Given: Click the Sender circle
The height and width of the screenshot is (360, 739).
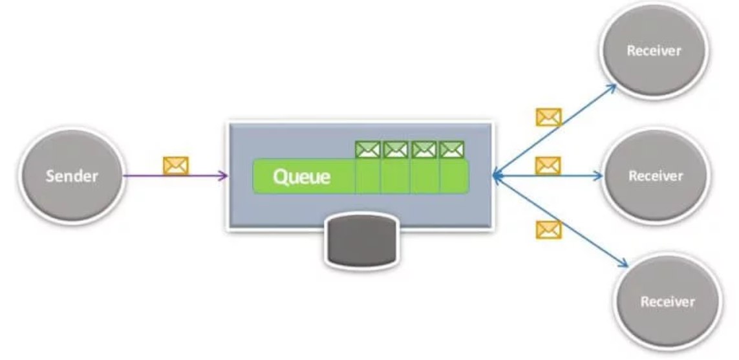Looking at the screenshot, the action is pyautogui.click(x=72, y=175).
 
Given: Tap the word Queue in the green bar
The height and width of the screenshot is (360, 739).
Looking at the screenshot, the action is pyautogui.click(x=302, y=176).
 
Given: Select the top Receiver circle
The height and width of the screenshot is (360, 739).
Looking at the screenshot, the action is pyautogui.click(x=654, y=50).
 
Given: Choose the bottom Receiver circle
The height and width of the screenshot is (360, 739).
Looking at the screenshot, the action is pyautogui.click(x=667, y=302).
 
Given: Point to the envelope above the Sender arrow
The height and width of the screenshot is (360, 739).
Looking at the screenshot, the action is pyautogui.click(x=176, y=166).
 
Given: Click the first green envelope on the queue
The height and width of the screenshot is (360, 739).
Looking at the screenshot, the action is pyautogui.click(x=368, y=150).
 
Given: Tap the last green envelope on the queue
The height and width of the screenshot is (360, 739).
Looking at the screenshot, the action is pyautogui.click(x=452, y=150).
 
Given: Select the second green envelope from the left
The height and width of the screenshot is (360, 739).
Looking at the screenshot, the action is pyautogui.click(x=396, y=150).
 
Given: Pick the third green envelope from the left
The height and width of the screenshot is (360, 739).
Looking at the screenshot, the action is pyautogui.click(x=424, y=150).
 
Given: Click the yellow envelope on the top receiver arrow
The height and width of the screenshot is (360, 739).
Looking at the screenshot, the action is pyautogui.click(x=549, y=118).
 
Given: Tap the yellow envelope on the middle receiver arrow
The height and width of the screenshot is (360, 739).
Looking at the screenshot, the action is pyautogui.click(x=548, y=165).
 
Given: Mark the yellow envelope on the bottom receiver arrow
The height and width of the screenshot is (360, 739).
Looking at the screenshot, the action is pyautogui.click(x=549, y=229).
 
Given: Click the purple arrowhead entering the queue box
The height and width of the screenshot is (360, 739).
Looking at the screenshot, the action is pyautogui.click(x=224, y=176).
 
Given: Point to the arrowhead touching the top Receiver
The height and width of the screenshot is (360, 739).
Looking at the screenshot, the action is pyautogui.click(x=611, y=89).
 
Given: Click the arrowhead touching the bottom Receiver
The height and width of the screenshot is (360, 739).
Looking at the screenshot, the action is pyautogui.click(x=623, y=263).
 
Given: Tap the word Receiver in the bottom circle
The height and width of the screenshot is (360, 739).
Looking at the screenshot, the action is pyautogui.click(x=667, y=302).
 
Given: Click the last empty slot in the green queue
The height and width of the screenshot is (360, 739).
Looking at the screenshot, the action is pyautogui.click(x=455, y=176).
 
